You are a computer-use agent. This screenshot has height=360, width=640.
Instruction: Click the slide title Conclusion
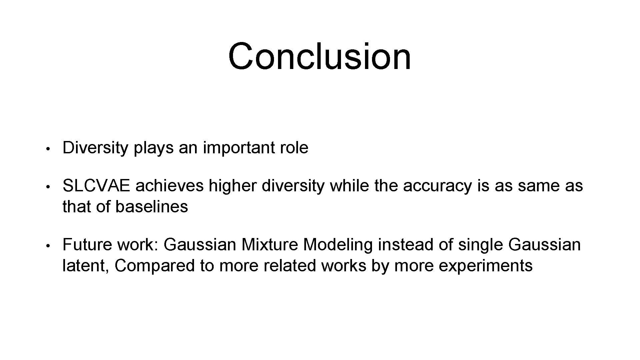click(x=319, y=56)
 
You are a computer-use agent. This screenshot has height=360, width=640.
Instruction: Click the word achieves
click(x=169, y=186)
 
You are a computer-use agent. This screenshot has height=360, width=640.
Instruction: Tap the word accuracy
click(x=438, y=186)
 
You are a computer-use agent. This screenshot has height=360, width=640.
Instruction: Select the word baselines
click(x=152, y=207)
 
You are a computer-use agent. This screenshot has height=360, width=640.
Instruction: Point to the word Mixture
click(x=269, y=245)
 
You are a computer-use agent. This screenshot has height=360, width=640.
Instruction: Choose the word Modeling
click(x=338, y=245)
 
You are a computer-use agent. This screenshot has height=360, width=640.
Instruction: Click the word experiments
click(x=485, y=266)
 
